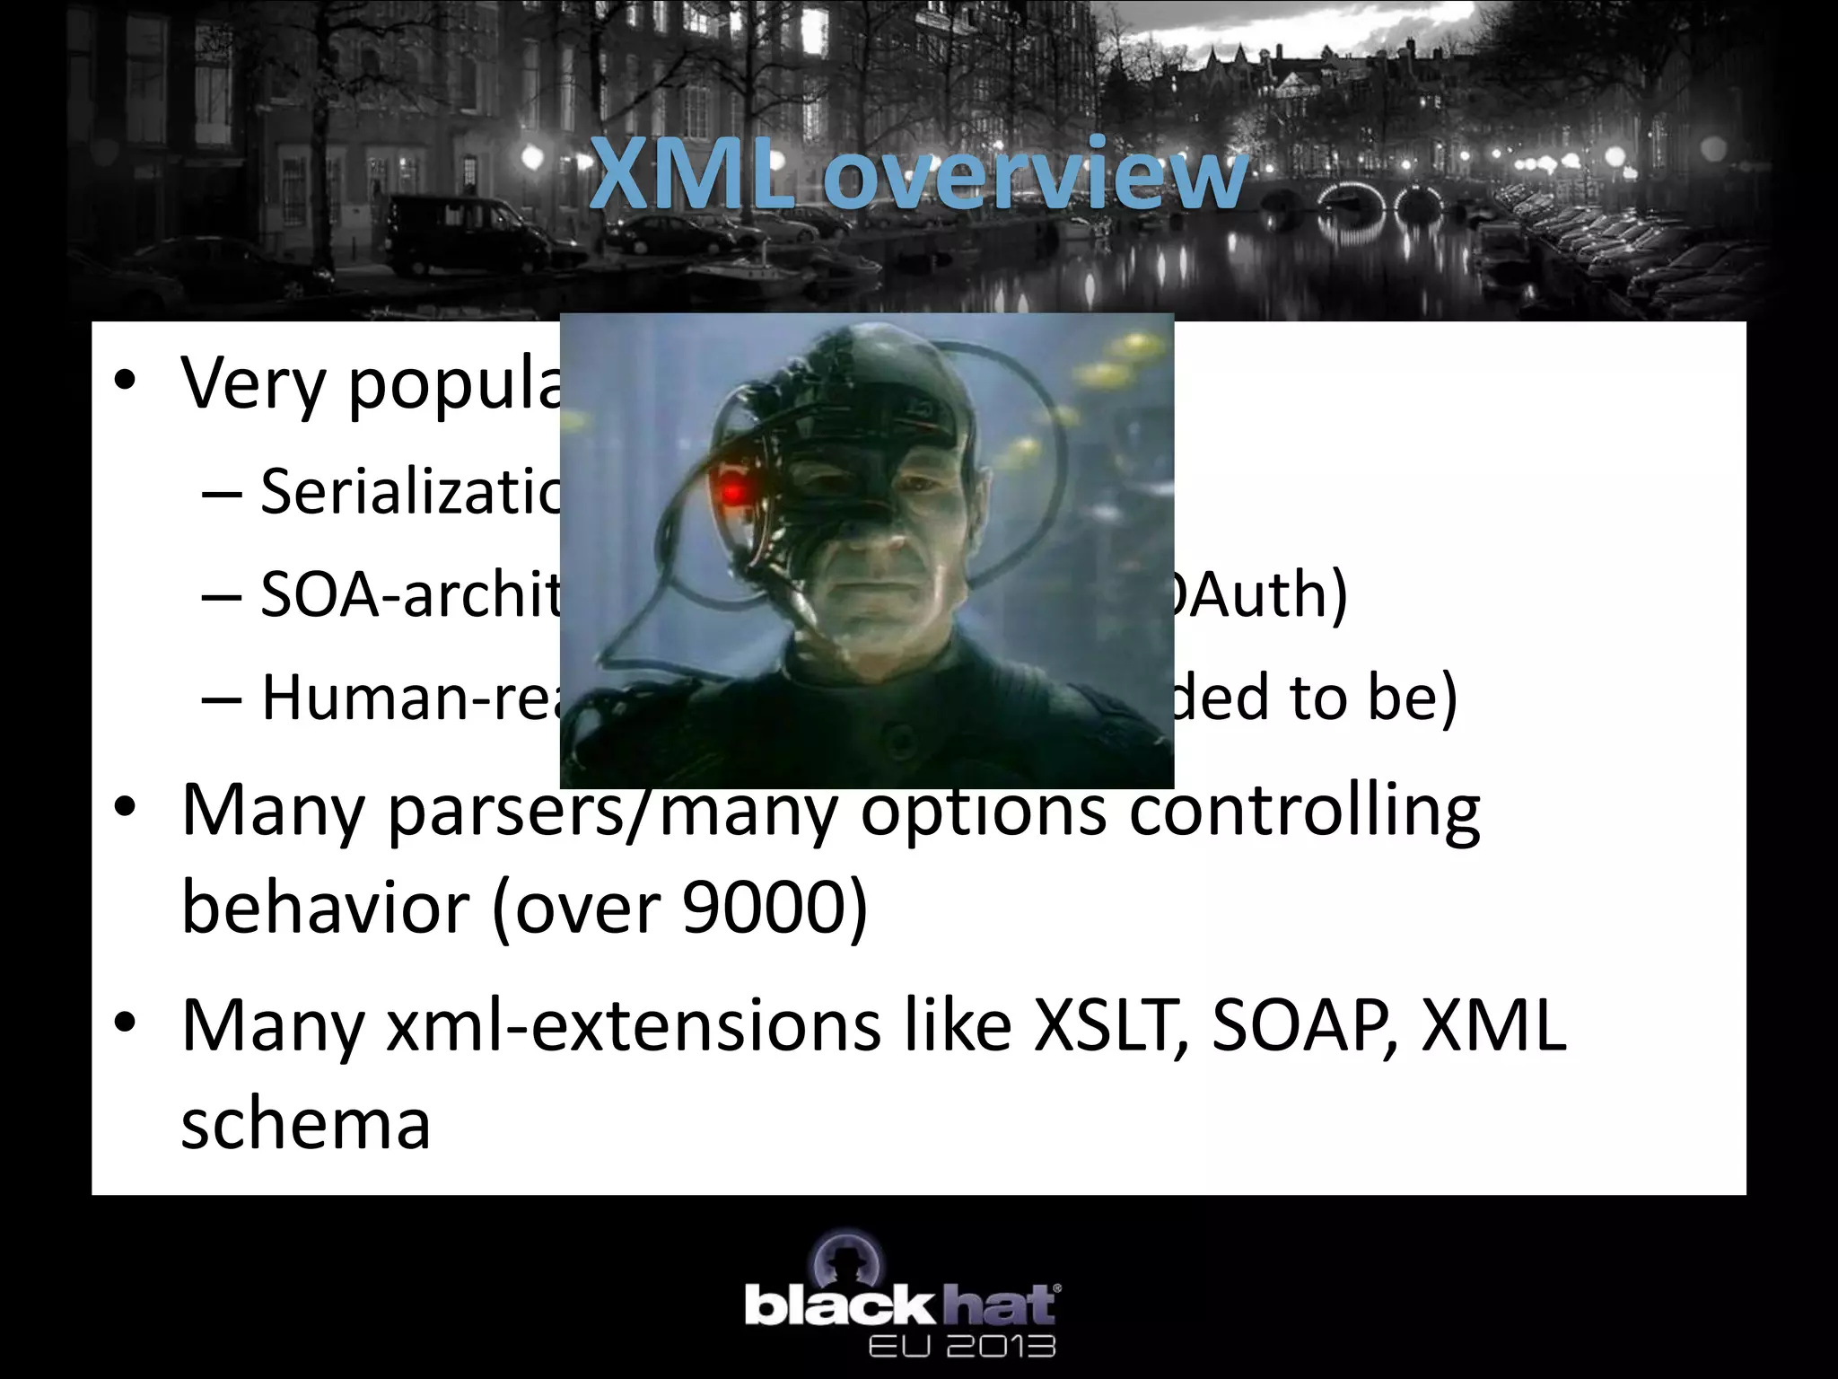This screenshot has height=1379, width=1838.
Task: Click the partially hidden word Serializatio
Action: tap(409, 492)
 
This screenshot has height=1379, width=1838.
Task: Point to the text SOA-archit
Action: tap(409, 594)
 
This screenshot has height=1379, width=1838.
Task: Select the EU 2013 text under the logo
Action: tap(961, 1346)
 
